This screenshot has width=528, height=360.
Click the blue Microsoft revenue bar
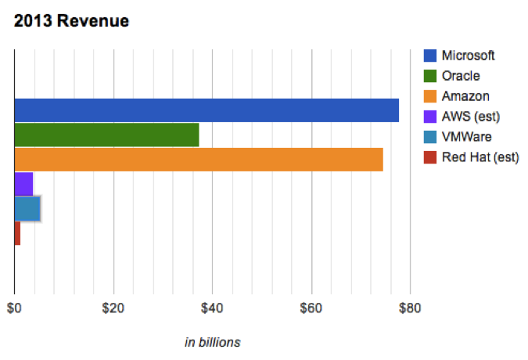point(207,110)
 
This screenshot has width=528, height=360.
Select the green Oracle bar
point(106,135)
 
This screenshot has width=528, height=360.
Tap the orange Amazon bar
point(199,159)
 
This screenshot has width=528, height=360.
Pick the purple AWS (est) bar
point(23,183)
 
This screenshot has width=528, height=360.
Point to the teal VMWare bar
point(27,208)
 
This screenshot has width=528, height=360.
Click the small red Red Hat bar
point(17,232)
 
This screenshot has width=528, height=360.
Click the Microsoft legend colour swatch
point(429,56)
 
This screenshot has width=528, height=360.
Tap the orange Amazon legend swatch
point(429,96)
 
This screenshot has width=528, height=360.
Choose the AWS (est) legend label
point(470,117)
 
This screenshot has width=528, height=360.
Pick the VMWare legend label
point(467,137)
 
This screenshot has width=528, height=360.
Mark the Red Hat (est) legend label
point(480,157)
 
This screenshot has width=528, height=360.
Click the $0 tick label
point(14,308)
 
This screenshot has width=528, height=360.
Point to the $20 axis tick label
point(113,308)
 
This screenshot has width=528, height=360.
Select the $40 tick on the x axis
point(212,308)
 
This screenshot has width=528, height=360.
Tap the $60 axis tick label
point(311,308)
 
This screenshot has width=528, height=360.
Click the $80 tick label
point(410,308)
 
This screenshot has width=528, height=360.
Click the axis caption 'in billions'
point(212,342)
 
